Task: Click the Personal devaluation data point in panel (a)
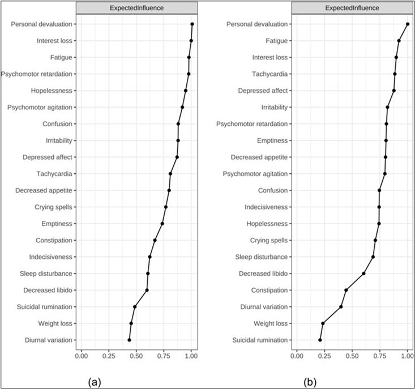tap(192, 24)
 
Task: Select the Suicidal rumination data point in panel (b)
tap(320, 340)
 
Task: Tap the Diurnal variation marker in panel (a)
tap(129, 340)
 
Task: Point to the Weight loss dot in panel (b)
tap(323, 323)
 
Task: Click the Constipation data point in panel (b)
tap(346, 290)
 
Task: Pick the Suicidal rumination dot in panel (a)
tap(135, 307)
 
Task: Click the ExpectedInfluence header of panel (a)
tap(136, 9)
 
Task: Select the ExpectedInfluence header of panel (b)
tap(353, 9)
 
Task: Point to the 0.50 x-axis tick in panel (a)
tap(136, 356)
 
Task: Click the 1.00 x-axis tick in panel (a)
tap(191, 356)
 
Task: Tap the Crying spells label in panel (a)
tap(53, 207)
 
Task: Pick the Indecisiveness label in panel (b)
tap(264, 207)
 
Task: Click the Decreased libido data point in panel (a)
tap(147, 290)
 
